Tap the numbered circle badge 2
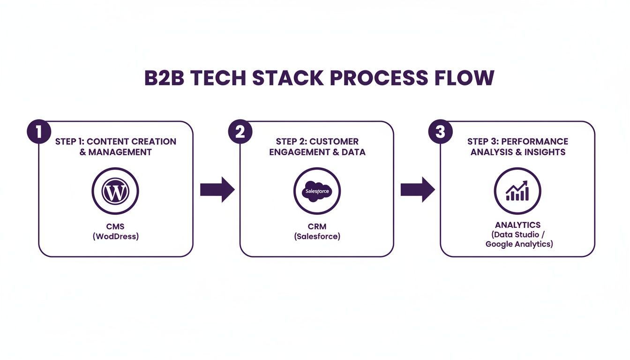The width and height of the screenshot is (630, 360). coord(240,132)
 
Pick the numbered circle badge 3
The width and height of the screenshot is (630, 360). coord(441,132)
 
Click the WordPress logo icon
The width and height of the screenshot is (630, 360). coord(115,191)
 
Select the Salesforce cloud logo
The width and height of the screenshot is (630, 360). coord(317,191)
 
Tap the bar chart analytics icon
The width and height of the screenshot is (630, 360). coord(517,191)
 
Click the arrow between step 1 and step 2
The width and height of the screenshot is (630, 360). coord(217,190)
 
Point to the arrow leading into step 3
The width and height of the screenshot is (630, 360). coord(418,190)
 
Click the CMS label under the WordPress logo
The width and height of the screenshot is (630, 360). coord(115,227)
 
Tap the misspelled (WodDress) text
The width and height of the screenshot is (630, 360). coord(115,237)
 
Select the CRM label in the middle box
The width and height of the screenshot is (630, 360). coord(317,227)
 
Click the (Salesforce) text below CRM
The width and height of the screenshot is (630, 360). coord(317,237)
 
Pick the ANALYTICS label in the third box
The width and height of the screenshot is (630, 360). coord(517,225)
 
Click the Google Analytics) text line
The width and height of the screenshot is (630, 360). coord(519,244)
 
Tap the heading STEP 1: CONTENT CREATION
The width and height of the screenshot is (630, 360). coord(115,142)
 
